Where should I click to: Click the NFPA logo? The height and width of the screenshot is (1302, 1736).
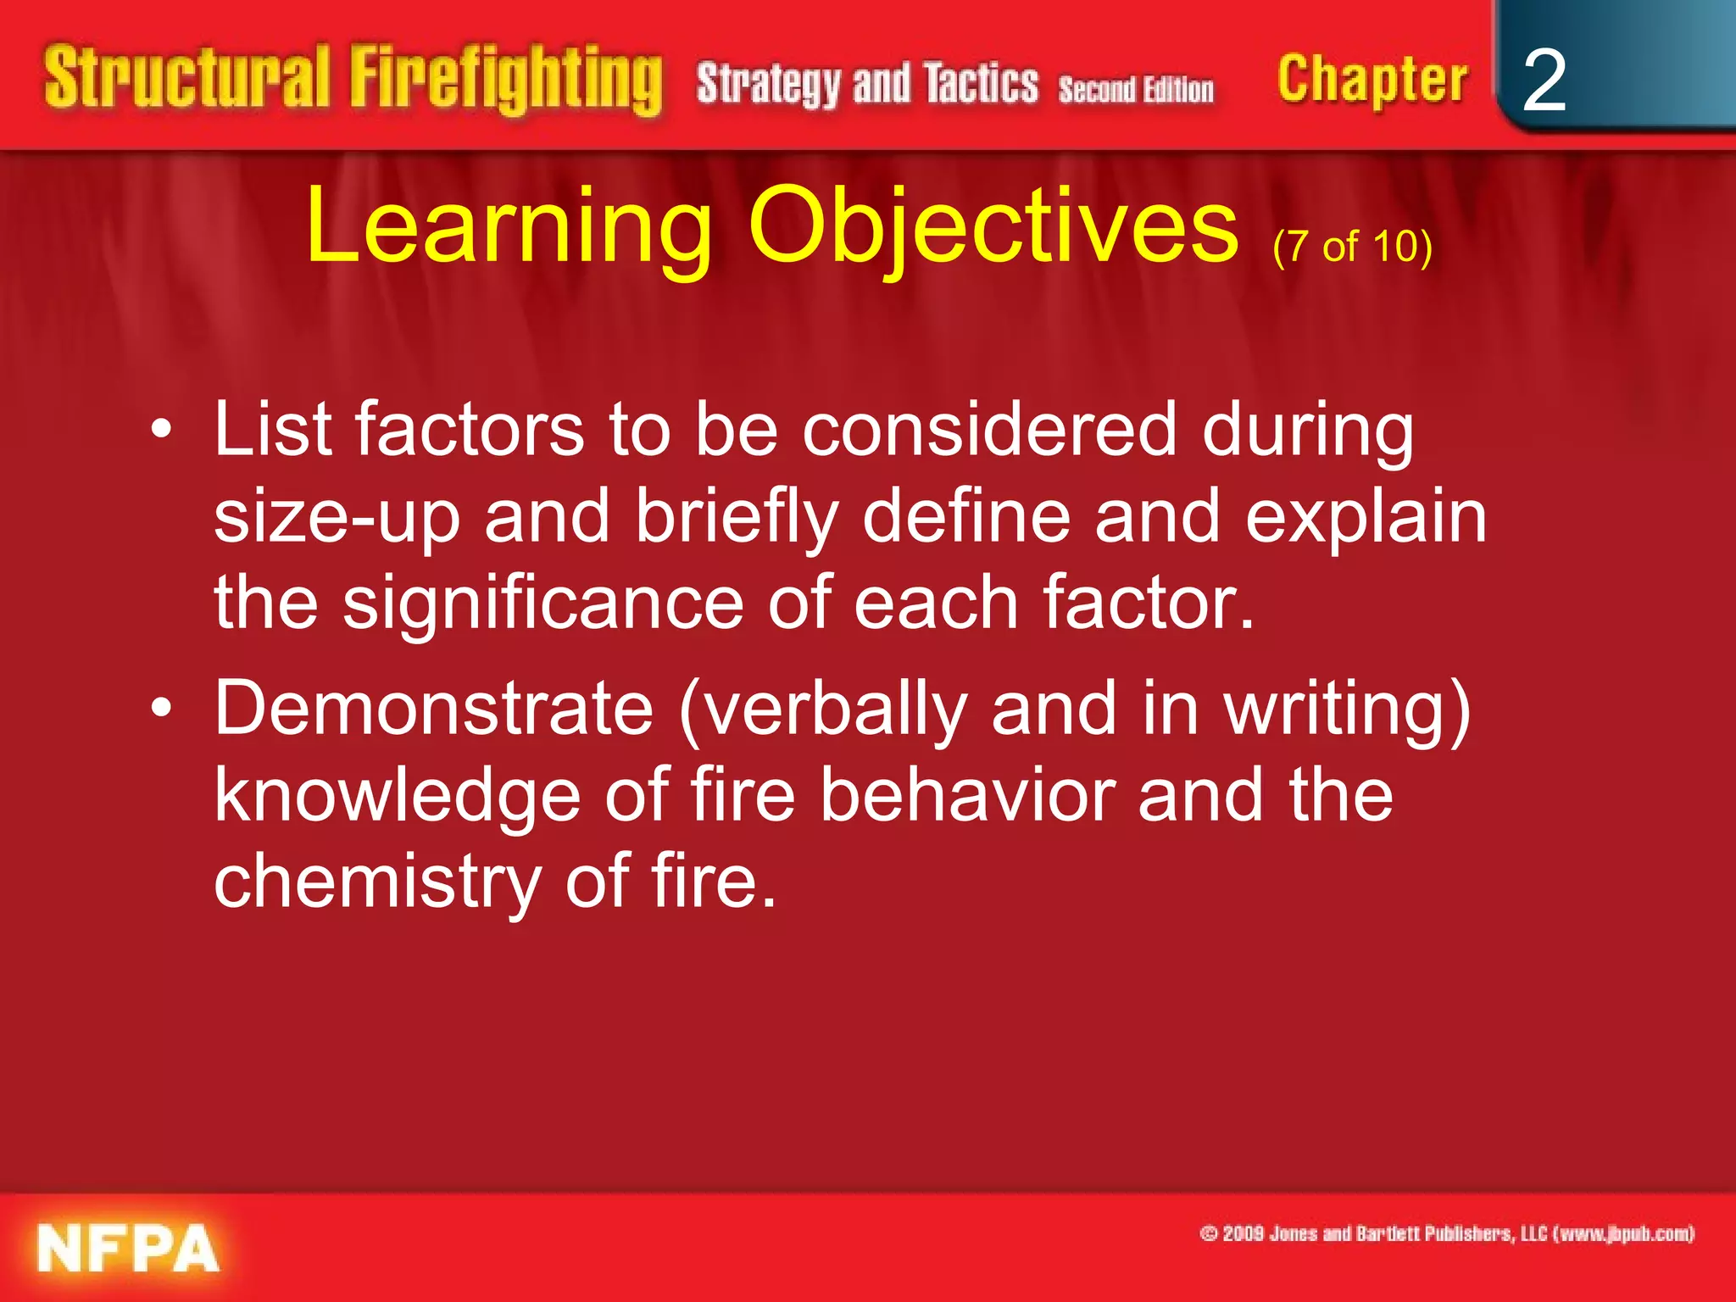point(128,1248)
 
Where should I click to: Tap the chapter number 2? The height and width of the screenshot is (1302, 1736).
point(1544,81)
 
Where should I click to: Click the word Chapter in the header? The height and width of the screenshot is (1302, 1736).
point(1372,81)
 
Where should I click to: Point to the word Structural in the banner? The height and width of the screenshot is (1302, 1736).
point(186,77)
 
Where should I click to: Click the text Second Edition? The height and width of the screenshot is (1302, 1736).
point(1135,89)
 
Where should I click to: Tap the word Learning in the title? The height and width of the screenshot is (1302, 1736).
point(509,227)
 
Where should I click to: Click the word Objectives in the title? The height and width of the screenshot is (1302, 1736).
point(993,227)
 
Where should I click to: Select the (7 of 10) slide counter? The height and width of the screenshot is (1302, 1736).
point(1352,247)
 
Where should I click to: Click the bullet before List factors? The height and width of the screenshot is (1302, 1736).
point(161,431)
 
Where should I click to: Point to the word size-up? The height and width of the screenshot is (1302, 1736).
point(337,518)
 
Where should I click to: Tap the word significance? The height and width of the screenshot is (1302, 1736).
point(542,603)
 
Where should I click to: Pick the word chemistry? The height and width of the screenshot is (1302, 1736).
point(377,882)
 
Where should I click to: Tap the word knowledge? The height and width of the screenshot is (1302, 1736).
point(397,796)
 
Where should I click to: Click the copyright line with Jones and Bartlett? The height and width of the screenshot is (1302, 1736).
point(1447,1233)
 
